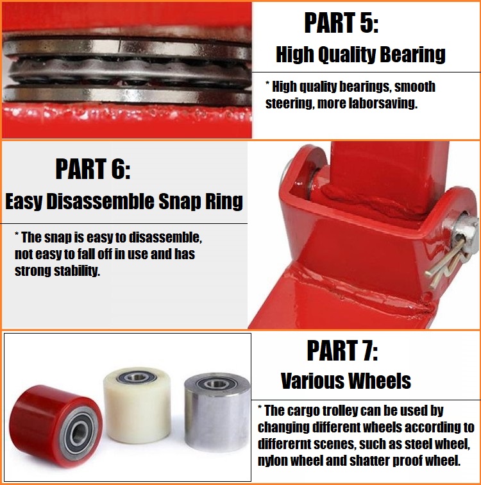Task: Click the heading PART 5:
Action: point(341,22)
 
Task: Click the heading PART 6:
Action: point(93,169)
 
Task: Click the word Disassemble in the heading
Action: point(100,201)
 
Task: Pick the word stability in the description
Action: point(77,271)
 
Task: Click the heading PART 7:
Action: point(342,350)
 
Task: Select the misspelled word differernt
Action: point(283,444)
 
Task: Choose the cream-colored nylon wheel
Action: point(137,405)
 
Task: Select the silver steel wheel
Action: point(217,412)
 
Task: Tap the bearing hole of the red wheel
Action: point(80,434)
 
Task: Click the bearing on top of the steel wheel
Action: point(217,384)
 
